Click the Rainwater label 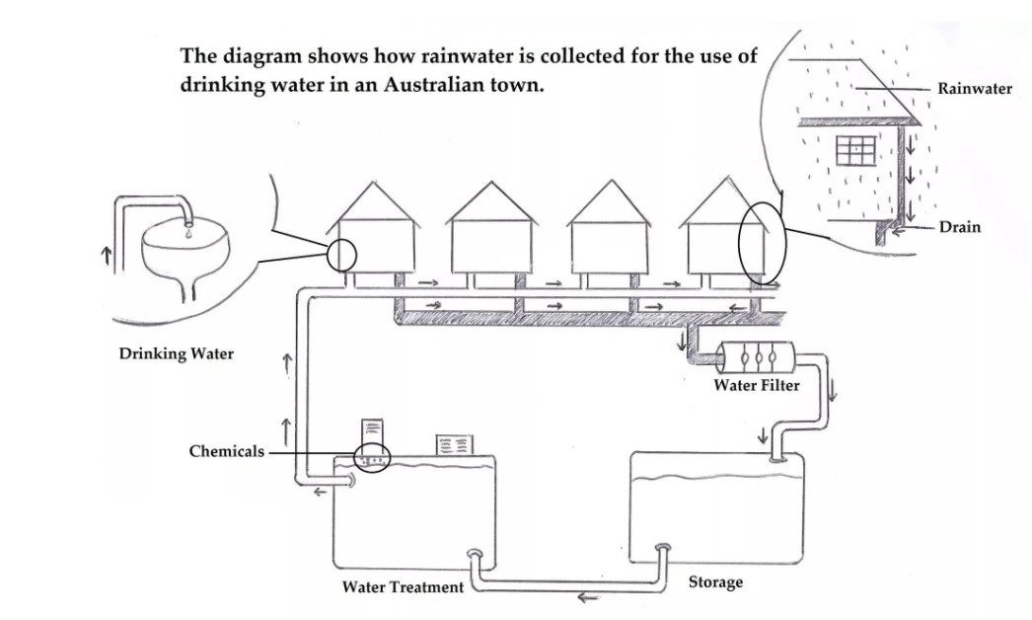(x=974, y=89)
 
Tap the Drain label (x=959, y=227)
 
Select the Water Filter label (x=756, y=385)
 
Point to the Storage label (x=715, y=582)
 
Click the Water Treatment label (x=403, y=587)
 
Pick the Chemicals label (x=227, y=451)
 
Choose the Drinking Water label (x=177, y=353)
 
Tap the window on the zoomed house (x=855, y=150)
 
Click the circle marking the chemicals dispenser (x=373, y=459)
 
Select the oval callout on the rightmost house (x=760, y=241)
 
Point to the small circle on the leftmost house (x=340, y=255)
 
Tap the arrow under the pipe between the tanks (x=589, y=596)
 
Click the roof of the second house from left (x=490, y=202)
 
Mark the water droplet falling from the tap (x=187, y=234)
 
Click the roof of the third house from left (x=611, y=202)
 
